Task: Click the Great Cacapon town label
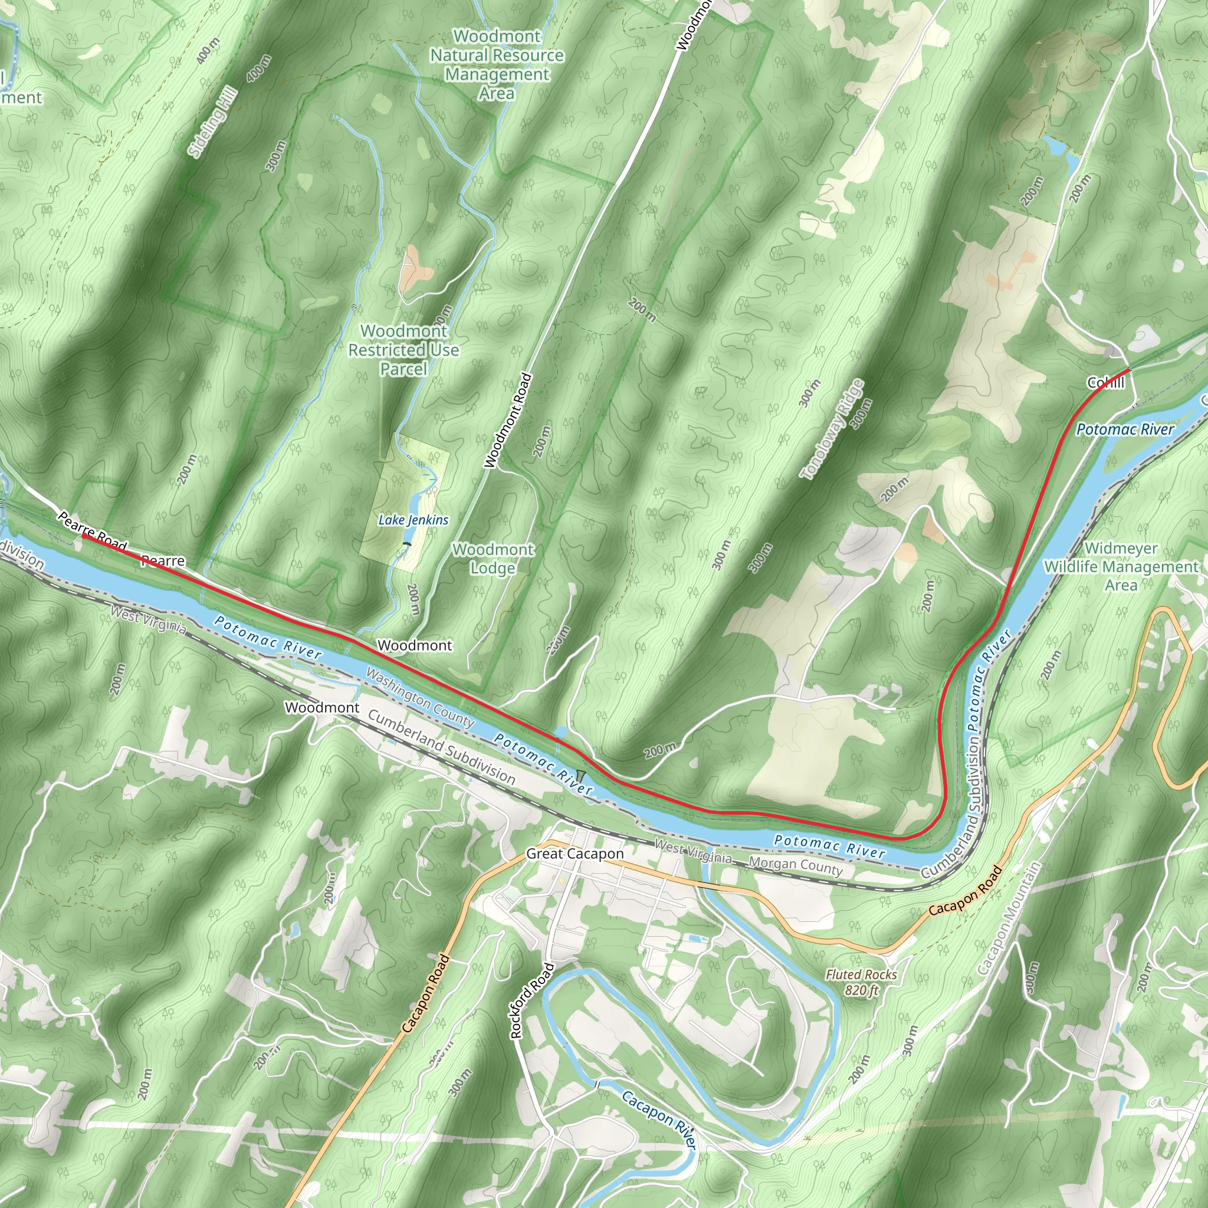[575, 854]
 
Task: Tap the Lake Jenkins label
[413, 520]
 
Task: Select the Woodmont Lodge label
[493, 559]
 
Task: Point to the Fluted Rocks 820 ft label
[861, 982]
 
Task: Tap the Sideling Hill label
[212, 123]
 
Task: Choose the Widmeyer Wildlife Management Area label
[1121, 566]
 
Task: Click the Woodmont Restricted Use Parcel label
[403, 350]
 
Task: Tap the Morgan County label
[795, 866]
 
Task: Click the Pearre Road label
[93, 531]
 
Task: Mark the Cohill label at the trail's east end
[1105, 383]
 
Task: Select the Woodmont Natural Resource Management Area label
[497, 64]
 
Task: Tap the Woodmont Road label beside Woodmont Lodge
[508, 420]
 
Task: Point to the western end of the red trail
[83, 535]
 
